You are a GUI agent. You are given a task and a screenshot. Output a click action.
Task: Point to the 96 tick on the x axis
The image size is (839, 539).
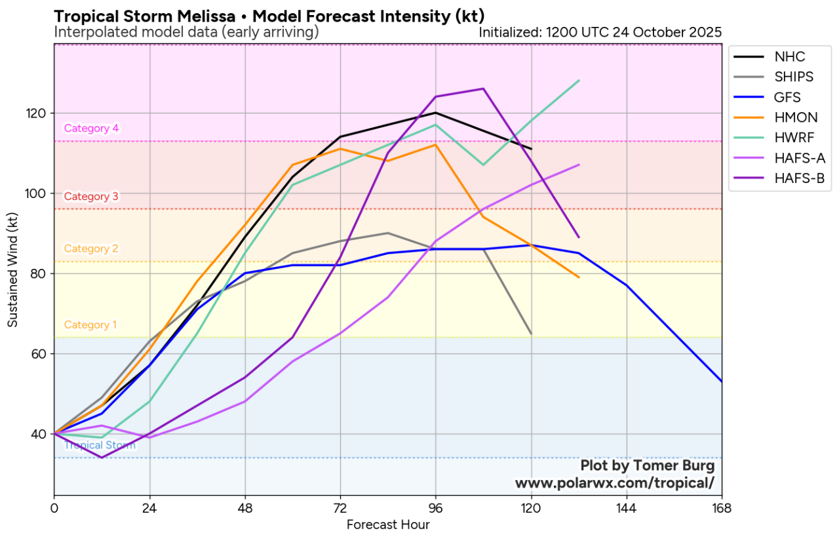(x=436, y=508)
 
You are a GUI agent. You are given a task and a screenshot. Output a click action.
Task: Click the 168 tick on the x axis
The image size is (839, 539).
(x=722, y=508)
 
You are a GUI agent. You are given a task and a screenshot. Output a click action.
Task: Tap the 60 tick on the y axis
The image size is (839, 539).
(x=40, y=354)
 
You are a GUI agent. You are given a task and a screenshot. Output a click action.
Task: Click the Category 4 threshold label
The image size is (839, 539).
(x=91, y=129)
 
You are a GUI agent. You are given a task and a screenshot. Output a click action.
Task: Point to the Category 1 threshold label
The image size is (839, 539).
(x=91, y=325)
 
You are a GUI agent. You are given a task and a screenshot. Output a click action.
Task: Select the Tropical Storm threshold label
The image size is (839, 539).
(x=100, y=445)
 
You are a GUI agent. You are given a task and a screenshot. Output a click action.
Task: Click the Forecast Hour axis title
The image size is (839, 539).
(x=388, y=525)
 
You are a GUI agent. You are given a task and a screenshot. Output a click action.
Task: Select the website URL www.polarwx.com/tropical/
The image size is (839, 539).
(x=614, y=483)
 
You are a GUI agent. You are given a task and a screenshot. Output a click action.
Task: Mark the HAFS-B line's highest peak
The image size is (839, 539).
(x=483, y=89)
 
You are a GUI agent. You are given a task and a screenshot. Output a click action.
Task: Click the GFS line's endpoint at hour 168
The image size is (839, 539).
(x=722, y=382)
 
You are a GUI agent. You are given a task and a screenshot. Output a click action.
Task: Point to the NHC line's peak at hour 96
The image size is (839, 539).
(x=436, y=113)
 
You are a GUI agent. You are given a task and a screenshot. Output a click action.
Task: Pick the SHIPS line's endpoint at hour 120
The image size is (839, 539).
(x=531, y=334)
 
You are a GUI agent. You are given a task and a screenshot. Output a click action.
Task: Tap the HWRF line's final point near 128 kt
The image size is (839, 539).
(x=579, y=81)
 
